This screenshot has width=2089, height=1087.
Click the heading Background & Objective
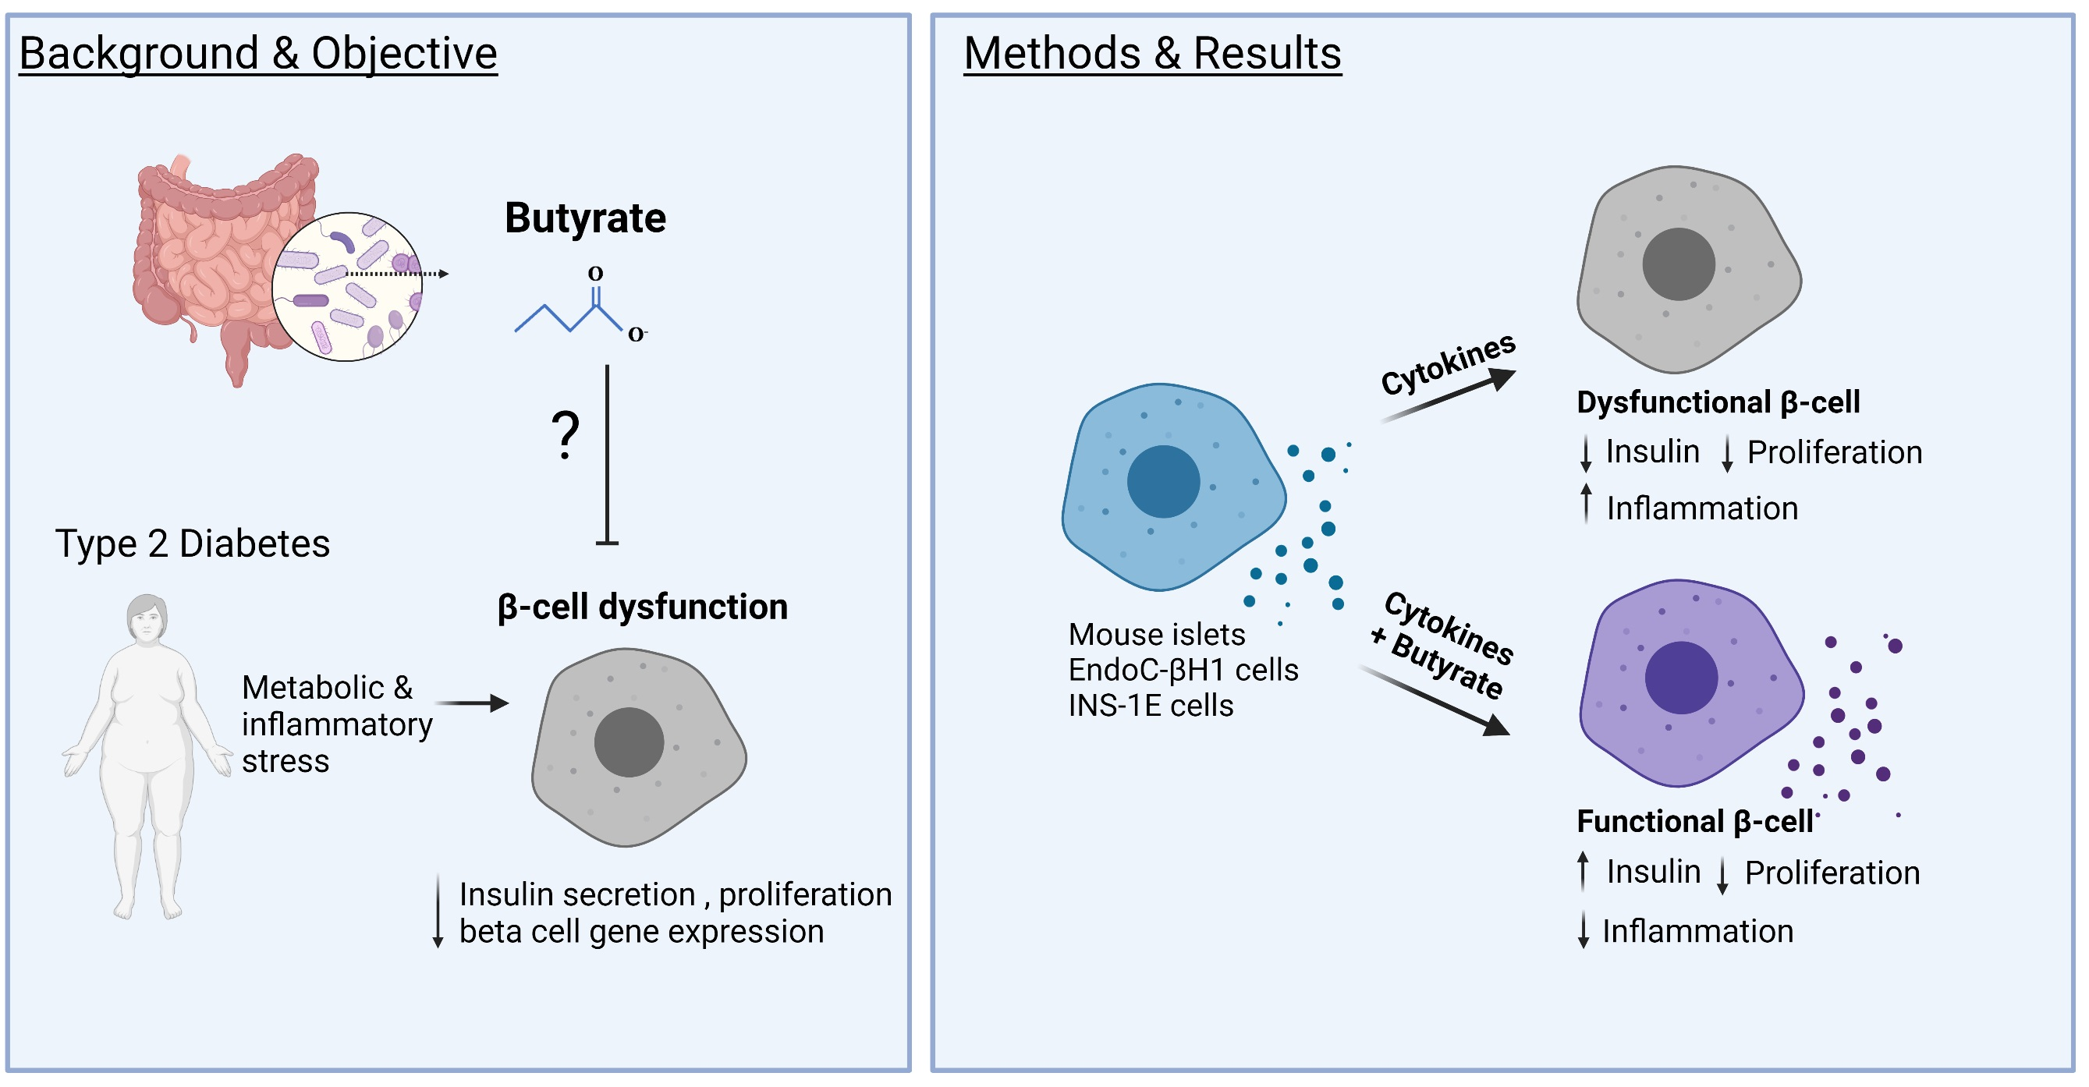tap(258, 54)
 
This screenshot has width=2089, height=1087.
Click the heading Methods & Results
tap(1151, 54)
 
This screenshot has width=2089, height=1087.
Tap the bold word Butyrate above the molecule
tap(585, 218)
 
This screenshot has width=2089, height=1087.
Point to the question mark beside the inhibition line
tap(566, 435)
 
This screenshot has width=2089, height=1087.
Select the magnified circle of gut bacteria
tap(347, 286)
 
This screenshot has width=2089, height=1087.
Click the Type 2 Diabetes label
tap(192, 543)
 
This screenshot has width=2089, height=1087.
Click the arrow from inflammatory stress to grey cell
tap(471, 703)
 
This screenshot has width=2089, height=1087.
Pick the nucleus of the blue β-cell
tap(1163, 481)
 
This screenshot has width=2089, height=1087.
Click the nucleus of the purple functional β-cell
tap(1680, 678)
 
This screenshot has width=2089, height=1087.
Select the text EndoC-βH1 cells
tap(1183, 671)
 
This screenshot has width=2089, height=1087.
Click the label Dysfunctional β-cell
tap(1718, 402)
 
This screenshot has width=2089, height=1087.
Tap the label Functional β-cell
tap(1695, 821)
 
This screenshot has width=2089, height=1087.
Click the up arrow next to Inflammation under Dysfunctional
tap(1586, 503)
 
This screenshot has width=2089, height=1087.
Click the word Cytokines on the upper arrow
tap(1448, 364)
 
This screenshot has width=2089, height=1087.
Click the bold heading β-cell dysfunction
tap(642, 607)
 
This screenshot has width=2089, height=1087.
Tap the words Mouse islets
tap(1156, 634)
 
